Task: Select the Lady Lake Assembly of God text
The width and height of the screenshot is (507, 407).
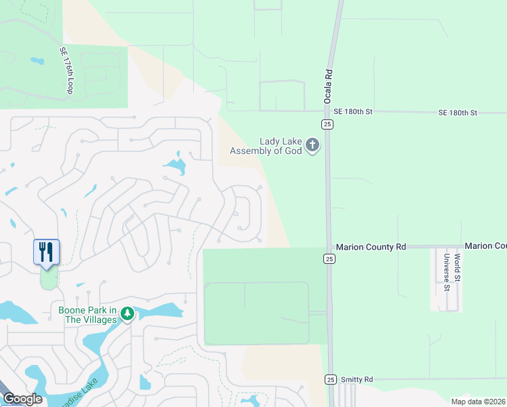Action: tap(266, 145)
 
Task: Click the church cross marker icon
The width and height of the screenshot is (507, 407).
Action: tap(312, 144)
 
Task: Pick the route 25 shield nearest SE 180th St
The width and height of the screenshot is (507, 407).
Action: tap(327, 124)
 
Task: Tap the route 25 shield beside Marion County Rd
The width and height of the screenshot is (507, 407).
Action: tap(329, 258)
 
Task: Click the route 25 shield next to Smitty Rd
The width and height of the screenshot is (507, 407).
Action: tap(330, 379)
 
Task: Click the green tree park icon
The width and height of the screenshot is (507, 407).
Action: tap(126, 313)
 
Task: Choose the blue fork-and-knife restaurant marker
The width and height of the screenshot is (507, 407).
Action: tap(46, 252)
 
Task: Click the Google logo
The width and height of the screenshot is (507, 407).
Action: tap(22, 398)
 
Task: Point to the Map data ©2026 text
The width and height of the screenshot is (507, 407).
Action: tap(478, 402)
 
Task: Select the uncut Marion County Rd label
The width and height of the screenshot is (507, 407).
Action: tap(371, 247)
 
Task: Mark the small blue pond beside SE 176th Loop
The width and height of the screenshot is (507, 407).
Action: tap(37, 61)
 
